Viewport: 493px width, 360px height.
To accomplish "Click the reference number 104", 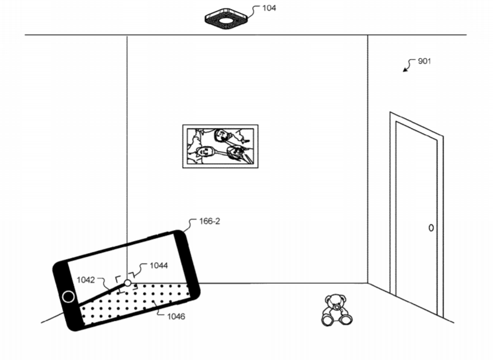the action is coord(269,8).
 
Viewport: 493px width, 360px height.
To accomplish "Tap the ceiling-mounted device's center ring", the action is coord(226,21).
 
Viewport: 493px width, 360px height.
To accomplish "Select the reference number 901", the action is coord(424,61).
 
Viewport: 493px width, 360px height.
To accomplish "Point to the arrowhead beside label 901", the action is coord(405,70).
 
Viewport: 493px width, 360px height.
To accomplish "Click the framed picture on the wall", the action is coord(220,146).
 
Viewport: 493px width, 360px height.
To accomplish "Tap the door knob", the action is coord(431,228).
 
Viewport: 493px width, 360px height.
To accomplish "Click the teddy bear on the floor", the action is coord(337,310).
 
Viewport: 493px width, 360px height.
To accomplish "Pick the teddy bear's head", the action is coord(336,303).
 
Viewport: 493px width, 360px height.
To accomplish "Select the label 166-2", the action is coord(210,221).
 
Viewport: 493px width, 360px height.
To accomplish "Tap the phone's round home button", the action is coord(68,297).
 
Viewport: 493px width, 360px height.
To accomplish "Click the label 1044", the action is coord(159,266).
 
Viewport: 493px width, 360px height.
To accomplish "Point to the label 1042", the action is coord(86,280).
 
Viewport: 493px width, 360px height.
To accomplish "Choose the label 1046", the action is coord(176,317).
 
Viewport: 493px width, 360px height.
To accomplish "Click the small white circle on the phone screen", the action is coord(127,283).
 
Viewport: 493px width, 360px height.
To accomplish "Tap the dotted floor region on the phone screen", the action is coord(135,303).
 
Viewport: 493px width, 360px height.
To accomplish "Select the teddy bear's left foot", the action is coord(327,320).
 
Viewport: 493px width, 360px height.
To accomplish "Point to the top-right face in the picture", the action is coord(221,136).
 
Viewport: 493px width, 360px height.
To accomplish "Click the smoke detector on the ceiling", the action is coord(226,19).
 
